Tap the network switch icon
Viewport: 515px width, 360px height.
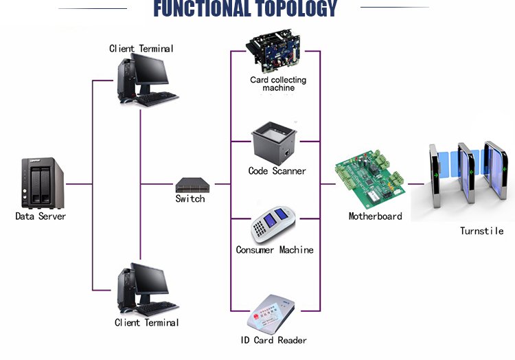click(190, 184)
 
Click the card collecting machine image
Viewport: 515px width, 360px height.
click(278, 52)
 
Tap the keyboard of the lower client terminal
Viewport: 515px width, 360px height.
click(157, 308)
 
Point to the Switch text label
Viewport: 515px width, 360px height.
click(190, 199)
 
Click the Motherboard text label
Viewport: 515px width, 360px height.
click(375, 216)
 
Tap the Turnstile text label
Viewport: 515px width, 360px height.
click(481, 231)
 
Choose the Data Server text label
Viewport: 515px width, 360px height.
click(41, 216)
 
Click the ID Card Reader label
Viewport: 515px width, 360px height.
click(273, 339)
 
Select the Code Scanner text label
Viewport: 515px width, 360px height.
click(277, 170)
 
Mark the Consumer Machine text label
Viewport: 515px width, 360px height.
click(275, 249)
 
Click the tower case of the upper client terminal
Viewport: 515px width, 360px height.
click(126, 80)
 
